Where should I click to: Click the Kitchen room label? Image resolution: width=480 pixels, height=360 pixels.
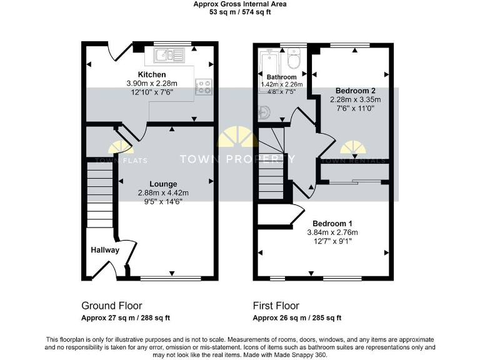152,75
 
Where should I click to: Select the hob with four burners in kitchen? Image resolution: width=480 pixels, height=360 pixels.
203,87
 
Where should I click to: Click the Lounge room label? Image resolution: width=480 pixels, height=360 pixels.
162,184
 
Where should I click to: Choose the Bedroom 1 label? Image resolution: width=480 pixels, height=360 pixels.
332,224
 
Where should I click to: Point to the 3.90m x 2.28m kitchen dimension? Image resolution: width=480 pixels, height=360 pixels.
152,83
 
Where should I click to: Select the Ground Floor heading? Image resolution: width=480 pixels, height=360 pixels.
112,306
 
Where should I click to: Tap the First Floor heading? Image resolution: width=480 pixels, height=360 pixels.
276,306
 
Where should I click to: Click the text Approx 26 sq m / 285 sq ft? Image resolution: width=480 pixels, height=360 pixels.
297,317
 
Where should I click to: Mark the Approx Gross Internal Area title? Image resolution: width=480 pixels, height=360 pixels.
240,4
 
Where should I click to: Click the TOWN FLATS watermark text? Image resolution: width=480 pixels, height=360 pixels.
121,160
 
